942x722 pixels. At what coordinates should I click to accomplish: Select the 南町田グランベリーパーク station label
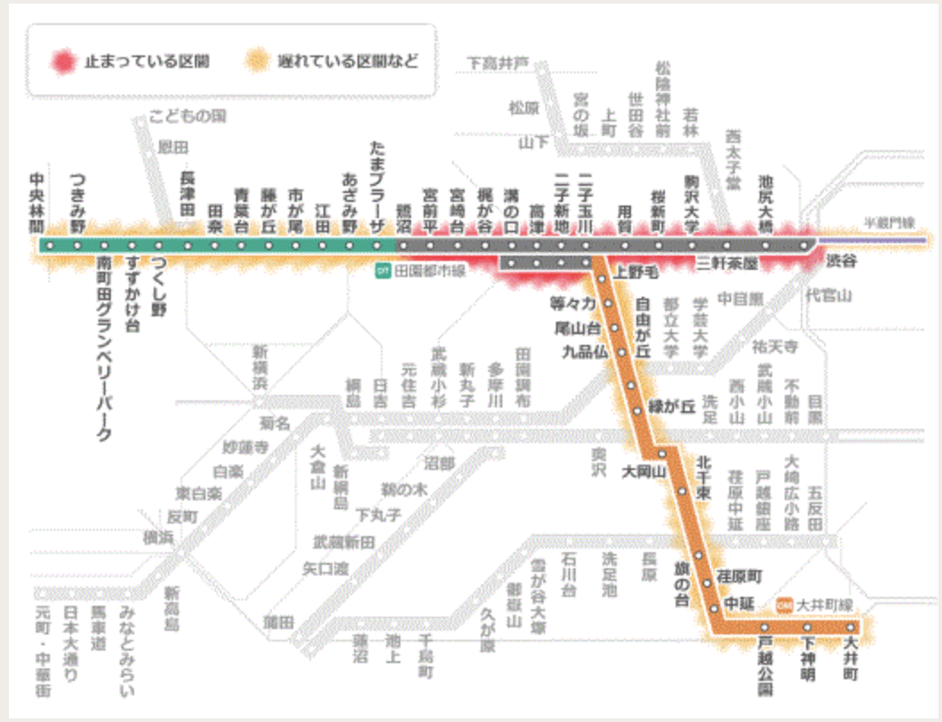pos(104,348)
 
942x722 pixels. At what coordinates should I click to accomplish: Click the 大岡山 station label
pos(641,471)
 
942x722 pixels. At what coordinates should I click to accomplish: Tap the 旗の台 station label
pos(682,583)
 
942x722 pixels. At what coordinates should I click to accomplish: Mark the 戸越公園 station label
pos(765,667)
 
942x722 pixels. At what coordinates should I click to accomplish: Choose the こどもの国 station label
pos(188,116)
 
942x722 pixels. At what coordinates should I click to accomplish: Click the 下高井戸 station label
pos(497,63)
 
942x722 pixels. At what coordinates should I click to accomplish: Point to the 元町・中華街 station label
pos(43,652)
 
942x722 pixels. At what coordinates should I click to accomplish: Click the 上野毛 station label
pos(635,271)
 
